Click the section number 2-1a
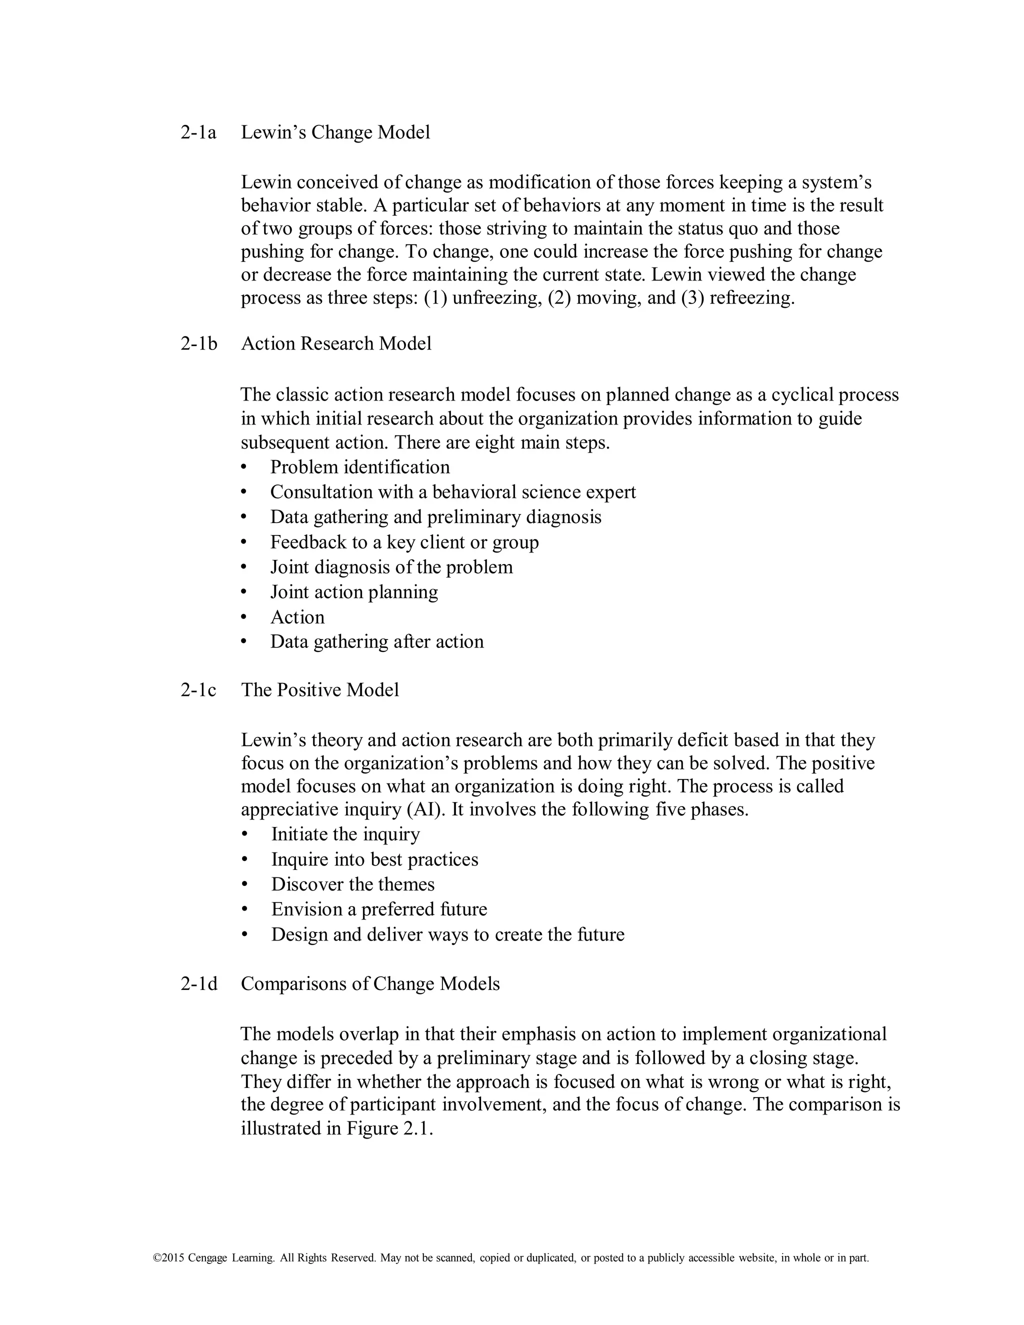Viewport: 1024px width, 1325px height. [x=198, y=132]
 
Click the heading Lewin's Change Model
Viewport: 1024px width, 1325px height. [x=335, y=132]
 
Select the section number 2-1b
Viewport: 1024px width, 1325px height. [x=198, y=343]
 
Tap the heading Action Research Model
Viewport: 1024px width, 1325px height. [x=336, y=343]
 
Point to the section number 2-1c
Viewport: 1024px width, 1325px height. [x=198, y=690]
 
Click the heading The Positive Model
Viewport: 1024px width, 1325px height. [x=319, y=690]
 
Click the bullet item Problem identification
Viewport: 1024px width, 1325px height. [x=359, y=467]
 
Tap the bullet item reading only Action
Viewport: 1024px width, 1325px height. [x=297, y=617]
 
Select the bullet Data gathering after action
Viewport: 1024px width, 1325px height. [x=376, y=642]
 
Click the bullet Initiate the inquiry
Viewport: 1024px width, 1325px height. [x=345, y=834]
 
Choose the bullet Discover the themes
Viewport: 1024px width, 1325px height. [x=352, y=884]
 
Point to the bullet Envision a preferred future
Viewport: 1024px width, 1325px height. [x=379, y=909]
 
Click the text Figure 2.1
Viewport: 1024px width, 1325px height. [x=389, y=1128]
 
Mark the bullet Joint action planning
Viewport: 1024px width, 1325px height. [x=353, y=592]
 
